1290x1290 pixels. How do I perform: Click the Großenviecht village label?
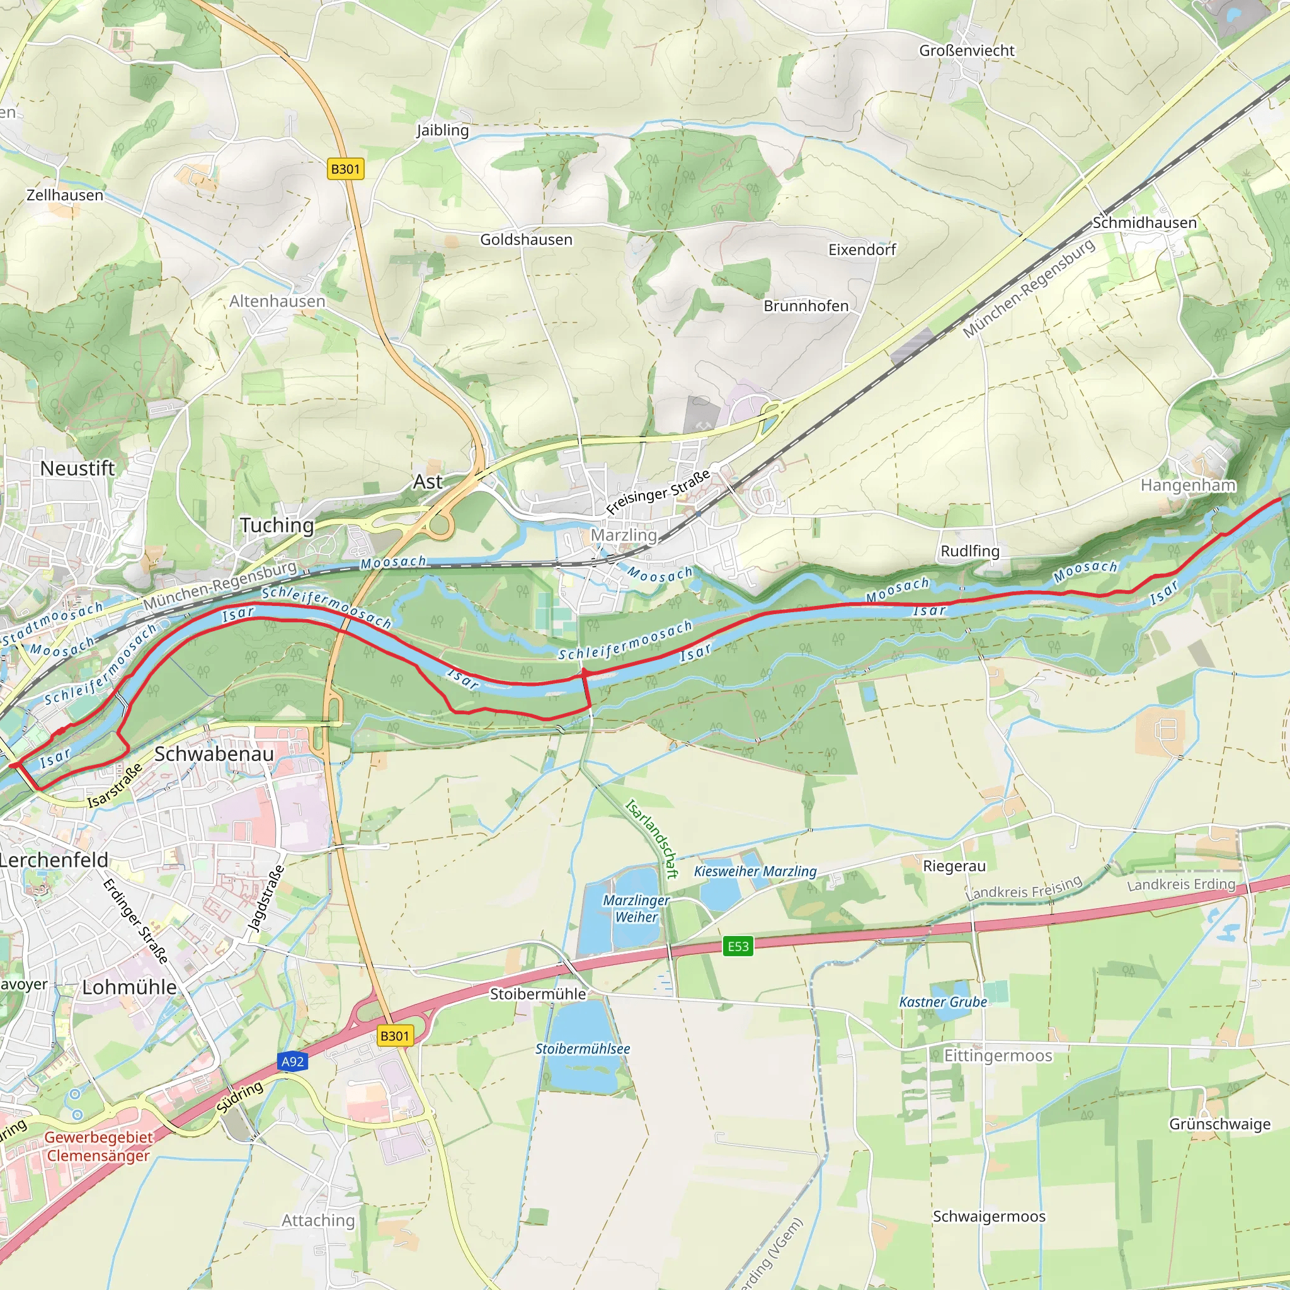point(966,51)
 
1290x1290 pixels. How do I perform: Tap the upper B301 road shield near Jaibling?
point(345,169)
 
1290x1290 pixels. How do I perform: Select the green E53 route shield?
point(738,946)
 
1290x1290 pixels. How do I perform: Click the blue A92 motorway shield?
point(292,1061)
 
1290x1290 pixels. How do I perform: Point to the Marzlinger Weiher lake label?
point(636,909)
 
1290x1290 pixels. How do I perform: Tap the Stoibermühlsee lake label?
point(582,1049)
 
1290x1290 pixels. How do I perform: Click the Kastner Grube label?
point(943,1002)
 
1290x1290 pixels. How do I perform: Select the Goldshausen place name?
point(526,240)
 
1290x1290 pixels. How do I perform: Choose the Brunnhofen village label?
point(806,305)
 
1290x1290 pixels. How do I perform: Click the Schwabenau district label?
point(214,754)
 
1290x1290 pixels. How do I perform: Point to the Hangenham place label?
point(1188,486)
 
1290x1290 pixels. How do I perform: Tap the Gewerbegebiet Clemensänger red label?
point(98,1146)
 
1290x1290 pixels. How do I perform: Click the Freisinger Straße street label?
point(658,493)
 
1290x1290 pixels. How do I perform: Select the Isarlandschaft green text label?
point(652,839)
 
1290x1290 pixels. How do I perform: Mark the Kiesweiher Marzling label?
point(755,871)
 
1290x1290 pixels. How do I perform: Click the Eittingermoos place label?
point(998,1056)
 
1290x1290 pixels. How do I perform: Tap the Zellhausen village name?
point(65,196)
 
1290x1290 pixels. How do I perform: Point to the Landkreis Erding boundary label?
point(1181,885)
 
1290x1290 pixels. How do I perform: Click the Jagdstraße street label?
point(266,898)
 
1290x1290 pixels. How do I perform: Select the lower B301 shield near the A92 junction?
point(394,1036)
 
